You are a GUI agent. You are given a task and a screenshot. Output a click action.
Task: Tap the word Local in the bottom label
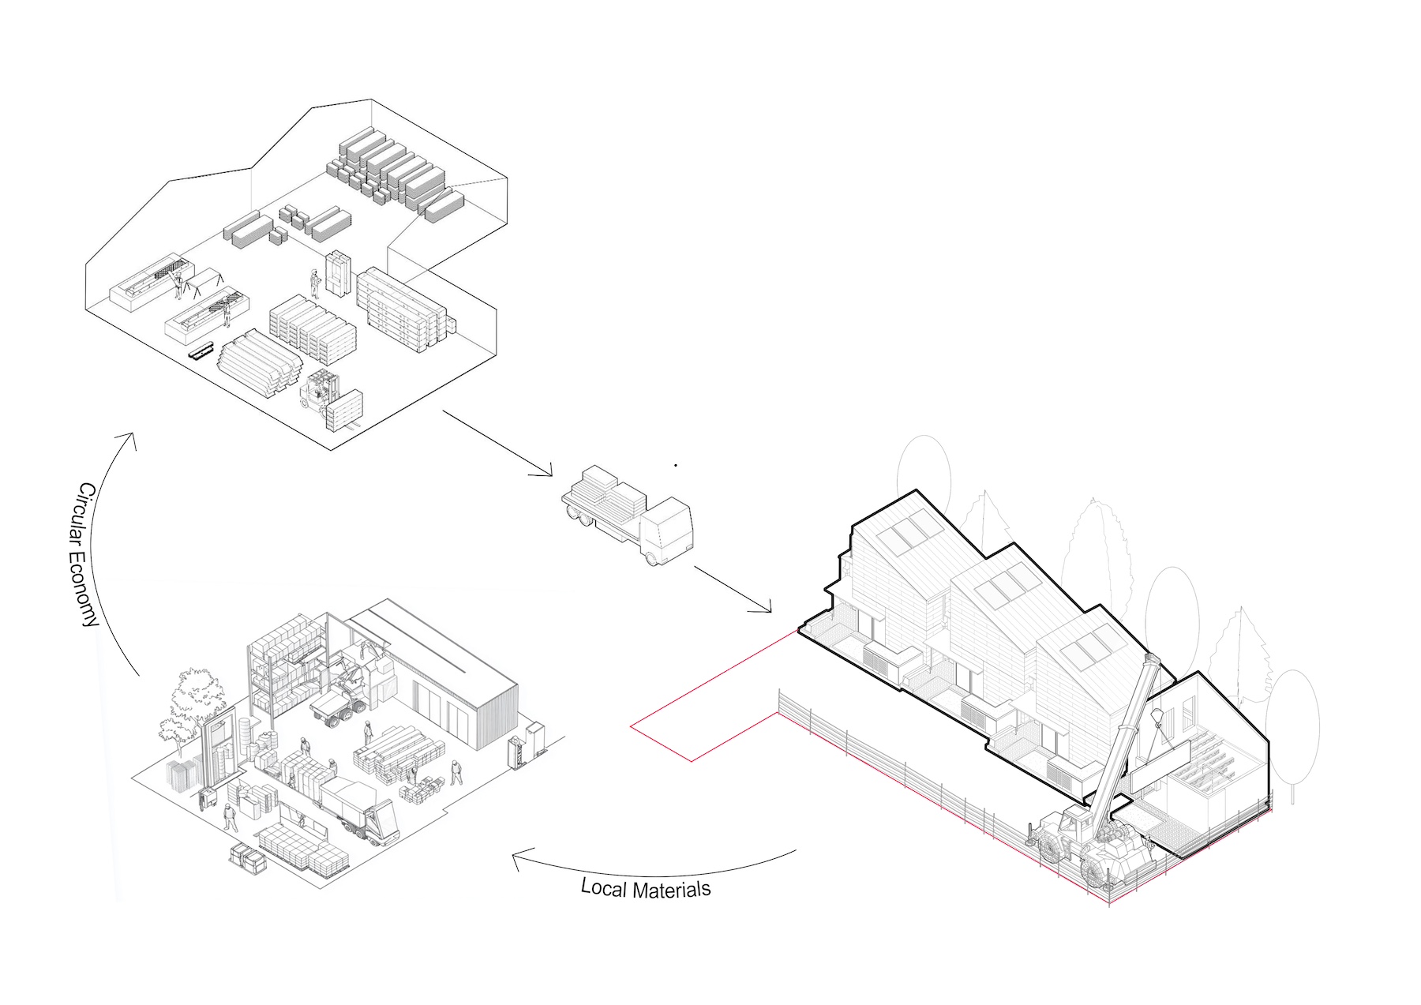pyautogui.click(x=605, y=887)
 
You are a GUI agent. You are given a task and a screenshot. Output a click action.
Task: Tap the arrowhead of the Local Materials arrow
pyautogui.click(x=518, y=858)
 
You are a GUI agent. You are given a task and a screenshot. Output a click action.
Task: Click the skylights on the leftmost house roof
pyautogui.click(x=905, y=534)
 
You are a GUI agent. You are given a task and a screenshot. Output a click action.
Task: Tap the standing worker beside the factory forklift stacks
pyautogui.click(x=314, y=283)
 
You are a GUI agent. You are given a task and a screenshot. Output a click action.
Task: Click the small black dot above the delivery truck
pyautogui.click(x=676, y=466)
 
